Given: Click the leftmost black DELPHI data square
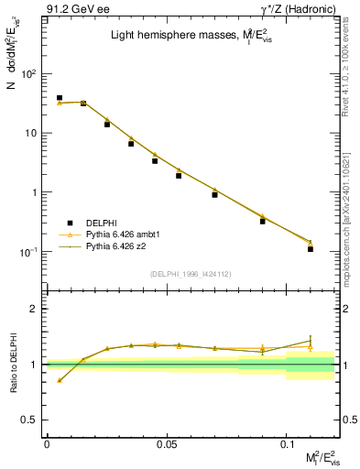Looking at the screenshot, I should (x=60, y=97).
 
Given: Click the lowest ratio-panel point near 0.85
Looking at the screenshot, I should (x=60, y=380).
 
